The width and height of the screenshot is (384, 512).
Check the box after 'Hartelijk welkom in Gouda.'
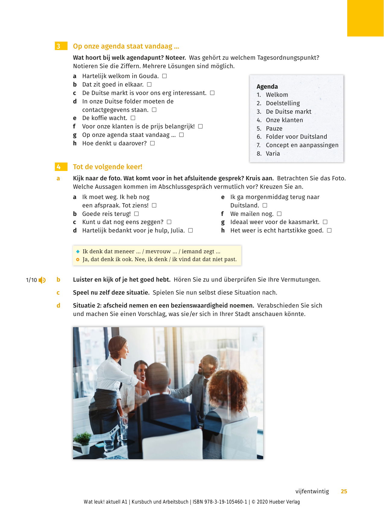tap(165, 76)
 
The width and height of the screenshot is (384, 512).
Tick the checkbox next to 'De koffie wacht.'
tap(133, 118)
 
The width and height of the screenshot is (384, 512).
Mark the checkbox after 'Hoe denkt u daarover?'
tap(153, 143)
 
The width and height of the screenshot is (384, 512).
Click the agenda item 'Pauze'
tap(274, 128)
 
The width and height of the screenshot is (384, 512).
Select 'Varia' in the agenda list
tap(272, 153)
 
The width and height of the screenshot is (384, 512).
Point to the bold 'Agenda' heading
tap(267, 87)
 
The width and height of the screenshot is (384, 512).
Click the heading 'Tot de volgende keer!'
tap(107, 167)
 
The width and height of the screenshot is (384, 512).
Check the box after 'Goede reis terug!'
tap(137, 214)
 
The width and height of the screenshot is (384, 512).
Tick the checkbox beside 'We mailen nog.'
tap(279, 214)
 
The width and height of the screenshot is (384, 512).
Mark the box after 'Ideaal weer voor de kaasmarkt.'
tap(325, 222)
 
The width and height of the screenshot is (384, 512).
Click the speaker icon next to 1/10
tap(42, 280)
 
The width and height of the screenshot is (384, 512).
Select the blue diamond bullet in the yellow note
tap(78, 251)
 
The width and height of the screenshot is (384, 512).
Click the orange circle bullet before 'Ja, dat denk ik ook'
tap(78, 259)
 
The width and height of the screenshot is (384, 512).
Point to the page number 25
tap(344, 491)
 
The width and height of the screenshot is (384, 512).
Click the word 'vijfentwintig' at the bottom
tap(312, 491)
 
